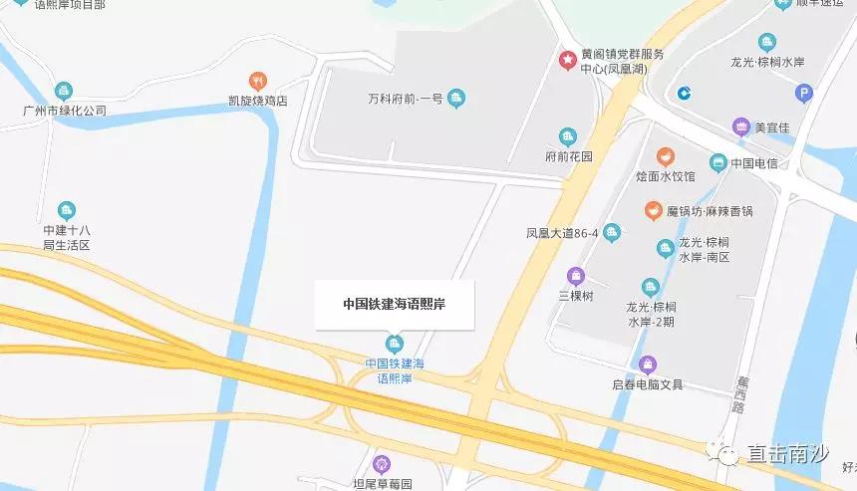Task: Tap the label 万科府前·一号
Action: pyautogui.click(x=404, y=98)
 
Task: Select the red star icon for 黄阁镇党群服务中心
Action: pyautogui.click(x=567, y=60)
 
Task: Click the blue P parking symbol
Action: pyautogui.click(x=804, y=94)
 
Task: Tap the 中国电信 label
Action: pyautogui.click(x=754, y=162)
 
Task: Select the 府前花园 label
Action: pyautogui.click(x=569, y=156)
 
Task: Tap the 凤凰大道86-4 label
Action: pyautogui.click(x=562, y=234)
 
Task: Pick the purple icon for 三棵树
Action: pyautogui.click(x=575, y=276)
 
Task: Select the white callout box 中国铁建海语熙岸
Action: pyautogui.click(x=394, y=305)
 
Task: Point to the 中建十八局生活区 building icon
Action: pyautogui.click(x=66, y=210)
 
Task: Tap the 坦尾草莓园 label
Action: pyautogui.click(x=380, y=484)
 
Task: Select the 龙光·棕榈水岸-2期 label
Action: pyautogui.click(x=652, y=313)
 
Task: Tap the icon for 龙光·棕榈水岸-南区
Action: pyautogui.click(x=665, y=248)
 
